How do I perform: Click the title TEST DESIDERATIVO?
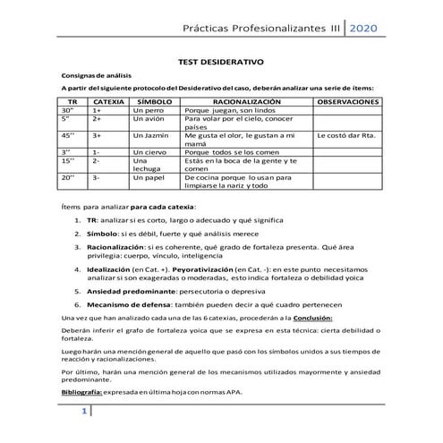tap(222, 64)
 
